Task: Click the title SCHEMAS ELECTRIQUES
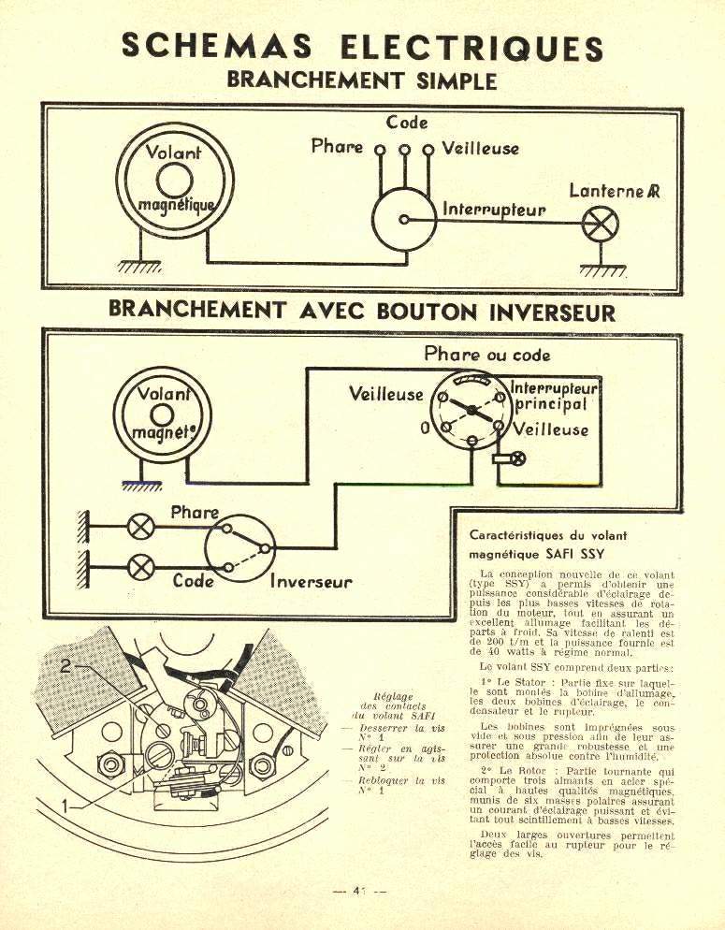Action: (x=361, y=48)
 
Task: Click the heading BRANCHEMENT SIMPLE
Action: (x=361, y=80)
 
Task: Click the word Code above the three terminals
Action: (x=407, y=123)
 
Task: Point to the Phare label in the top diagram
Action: (x=337, y=147)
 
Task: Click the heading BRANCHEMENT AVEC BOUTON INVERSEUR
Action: (x=362, y=310)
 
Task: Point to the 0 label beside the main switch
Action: (x=424, y=429)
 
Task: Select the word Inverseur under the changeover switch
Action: (x=312, y=582)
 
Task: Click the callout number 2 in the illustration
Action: (x=66, y=666)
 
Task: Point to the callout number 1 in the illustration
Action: (x=65, y=804)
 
